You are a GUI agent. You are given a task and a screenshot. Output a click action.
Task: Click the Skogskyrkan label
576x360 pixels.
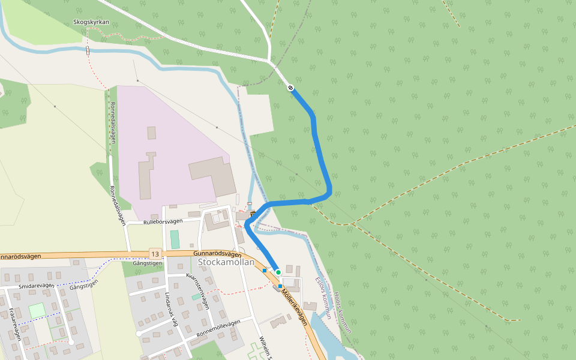click(x=91, y=22)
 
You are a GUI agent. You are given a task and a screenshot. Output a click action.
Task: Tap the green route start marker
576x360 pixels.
click(x=278, y=272)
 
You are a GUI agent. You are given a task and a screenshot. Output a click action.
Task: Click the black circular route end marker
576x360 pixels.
click(x=291, y=88)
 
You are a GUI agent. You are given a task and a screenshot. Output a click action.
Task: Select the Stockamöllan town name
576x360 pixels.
click(x=226, y=262)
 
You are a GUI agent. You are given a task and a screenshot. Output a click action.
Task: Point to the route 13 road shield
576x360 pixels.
click(x=155, y=254)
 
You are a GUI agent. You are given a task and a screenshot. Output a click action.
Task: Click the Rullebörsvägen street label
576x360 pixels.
click(x=163, y=222)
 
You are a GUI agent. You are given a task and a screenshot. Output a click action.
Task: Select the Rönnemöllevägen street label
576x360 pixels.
click(x=218, y=328)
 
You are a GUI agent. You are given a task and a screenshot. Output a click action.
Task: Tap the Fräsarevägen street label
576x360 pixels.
click(x=15, y=324)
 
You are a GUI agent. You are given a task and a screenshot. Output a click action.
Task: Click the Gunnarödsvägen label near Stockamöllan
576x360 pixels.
click(x=218, y=254)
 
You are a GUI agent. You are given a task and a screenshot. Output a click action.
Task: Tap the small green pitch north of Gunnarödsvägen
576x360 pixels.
click(x=175, y=239)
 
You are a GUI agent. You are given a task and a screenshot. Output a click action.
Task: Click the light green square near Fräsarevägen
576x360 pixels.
click(x=37, y=310)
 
